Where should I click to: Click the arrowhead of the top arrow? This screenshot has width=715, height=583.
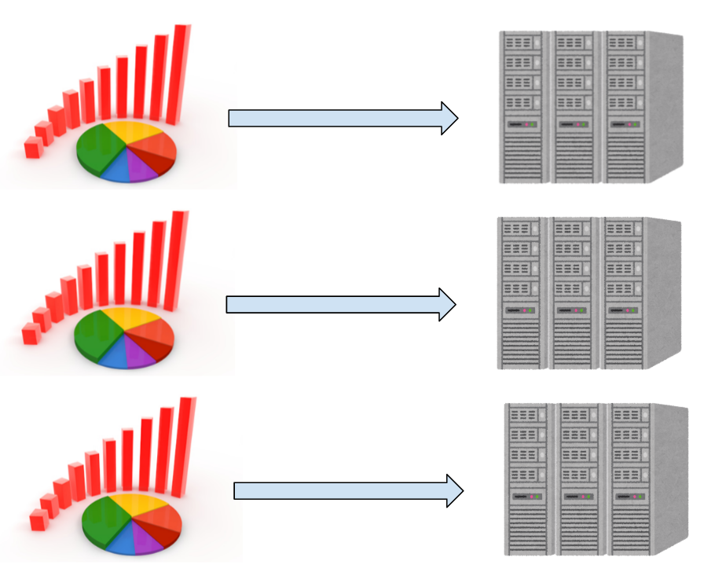[x=449, y=118]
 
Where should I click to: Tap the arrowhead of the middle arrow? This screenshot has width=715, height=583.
[x=446, y=304]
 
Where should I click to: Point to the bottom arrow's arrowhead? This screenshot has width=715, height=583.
[x=453, y=490]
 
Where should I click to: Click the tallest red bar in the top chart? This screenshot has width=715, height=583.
[x=180, y=75]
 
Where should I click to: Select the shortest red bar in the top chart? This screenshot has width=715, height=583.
[x=32, y=148]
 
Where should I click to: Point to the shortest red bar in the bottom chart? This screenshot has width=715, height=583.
[x=38, y=520]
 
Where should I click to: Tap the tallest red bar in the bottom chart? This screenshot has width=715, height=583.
[x=185, y=447]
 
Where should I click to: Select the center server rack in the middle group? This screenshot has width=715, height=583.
[x=573, y=294]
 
